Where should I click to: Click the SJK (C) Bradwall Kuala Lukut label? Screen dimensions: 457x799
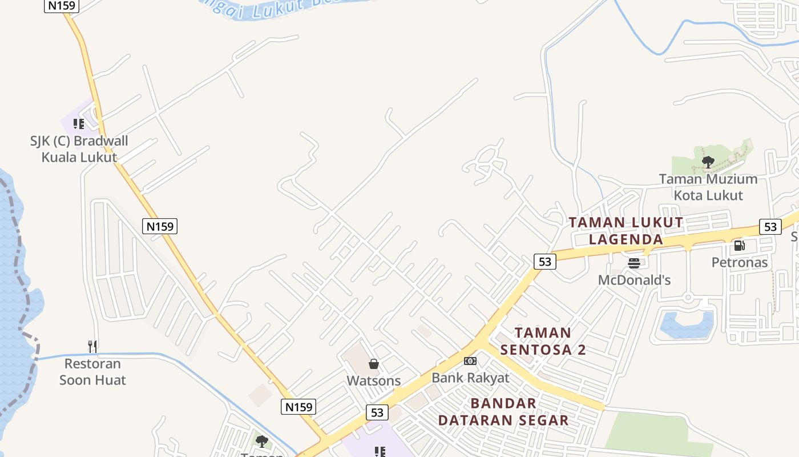(79, 149)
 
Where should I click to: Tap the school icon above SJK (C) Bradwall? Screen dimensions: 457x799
(79, 124)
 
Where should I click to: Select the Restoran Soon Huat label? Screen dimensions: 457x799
(92, 372)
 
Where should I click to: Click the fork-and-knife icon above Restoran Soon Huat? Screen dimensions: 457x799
(92, 346)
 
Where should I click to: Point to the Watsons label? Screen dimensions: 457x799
(374, 380)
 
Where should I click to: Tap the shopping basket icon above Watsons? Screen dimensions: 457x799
(374, 364)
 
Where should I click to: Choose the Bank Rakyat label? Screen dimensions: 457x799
(470, 378)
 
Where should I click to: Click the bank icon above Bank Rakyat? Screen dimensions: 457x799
(470, 361)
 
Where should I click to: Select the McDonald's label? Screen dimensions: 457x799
(634, 280)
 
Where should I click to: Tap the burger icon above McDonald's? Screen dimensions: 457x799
(634, 263)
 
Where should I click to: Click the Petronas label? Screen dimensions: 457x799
(740, 263)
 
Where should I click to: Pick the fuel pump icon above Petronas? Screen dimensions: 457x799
(739, 246)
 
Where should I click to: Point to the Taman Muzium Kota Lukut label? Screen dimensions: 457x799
(708, 187)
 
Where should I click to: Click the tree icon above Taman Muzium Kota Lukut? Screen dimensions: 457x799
(708, 162)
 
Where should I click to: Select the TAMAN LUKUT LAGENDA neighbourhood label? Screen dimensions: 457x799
(626, 231)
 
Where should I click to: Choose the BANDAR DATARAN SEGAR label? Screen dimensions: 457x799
(503, 412)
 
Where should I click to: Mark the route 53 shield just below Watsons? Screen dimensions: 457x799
(377, 412)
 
